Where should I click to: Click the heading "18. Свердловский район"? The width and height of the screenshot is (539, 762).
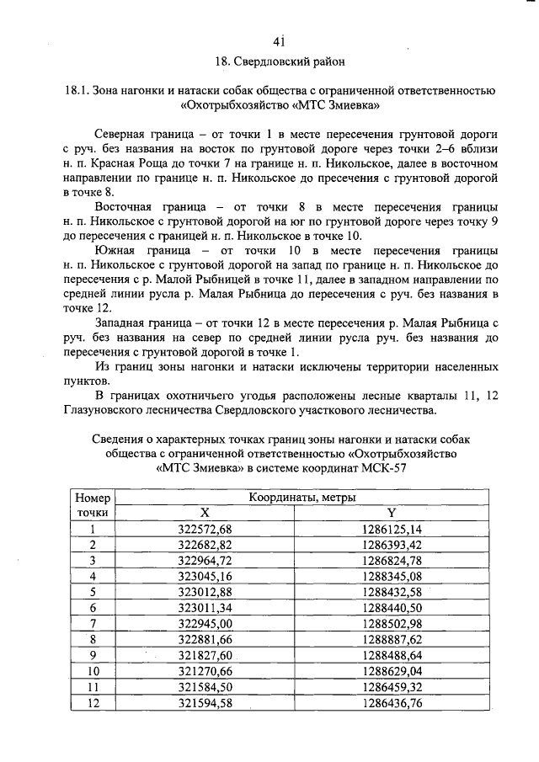(x=280, y=62)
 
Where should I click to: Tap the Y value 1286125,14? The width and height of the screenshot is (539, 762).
(x=391, y=529)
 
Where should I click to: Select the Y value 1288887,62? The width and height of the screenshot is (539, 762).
(x=391, y=638)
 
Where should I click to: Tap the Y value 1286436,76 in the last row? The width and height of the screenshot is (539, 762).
(x=391, y=701)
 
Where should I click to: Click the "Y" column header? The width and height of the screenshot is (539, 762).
(x=391, y=513)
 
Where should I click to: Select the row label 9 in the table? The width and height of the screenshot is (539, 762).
(x=93, y=654)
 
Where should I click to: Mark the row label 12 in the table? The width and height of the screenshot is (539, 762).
(x=93, y=701)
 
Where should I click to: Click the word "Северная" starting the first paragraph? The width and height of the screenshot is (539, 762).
(x=123, y=134)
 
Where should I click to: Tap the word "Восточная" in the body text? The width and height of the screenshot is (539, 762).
(x=128, y=207)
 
